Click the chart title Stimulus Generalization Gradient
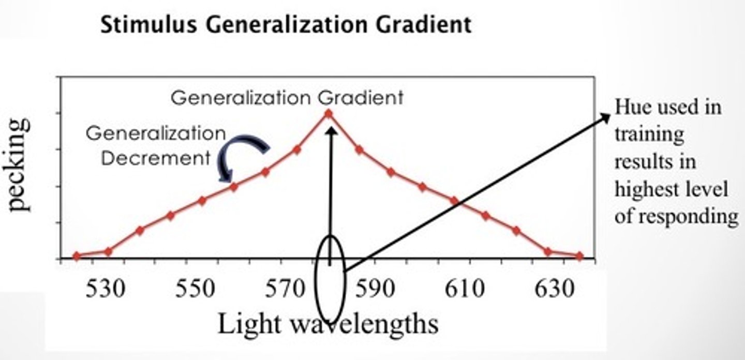pyautogui.click(x=286, y=24)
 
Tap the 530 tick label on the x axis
pyautogui.click(x=105, y=289)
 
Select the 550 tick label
pyautogui.click(x=195, y=289)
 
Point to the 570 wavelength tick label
pyautogui.click(x=285, y=289)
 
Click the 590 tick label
pyautogui.click(x=376, y=289)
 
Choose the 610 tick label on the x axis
pyautogui.click(x=466, y=289)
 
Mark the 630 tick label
pyautogui.click(x=556, y=289)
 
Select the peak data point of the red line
pyautogui.click(x=328, y=113)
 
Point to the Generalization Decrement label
pyautogui.click(x=155, y=146)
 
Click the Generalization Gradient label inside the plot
pyautogui.click(x=287, y=97)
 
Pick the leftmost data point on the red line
pyautogui.click(x=77, y=256)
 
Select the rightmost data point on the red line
pyautogui.click(x=579, y=256)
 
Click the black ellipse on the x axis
pyautogui.click(x=330, y=279)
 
